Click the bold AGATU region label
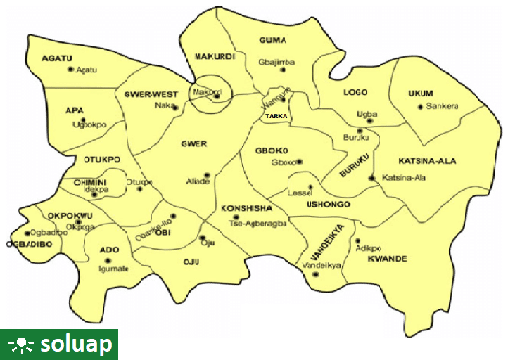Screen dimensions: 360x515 pos(58,58)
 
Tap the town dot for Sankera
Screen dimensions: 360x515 pos(421,107)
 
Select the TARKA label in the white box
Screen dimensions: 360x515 pos(276,116)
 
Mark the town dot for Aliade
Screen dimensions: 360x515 pos(207,175)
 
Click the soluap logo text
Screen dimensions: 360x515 pos(75,344)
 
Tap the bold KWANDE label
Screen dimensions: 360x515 pos(387,259)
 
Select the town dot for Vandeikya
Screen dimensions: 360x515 pos(315,274)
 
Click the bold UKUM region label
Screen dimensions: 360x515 pos(421,94)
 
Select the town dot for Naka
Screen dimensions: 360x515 pos(175,108)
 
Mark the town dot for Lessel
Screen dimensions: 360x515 pos(310,186)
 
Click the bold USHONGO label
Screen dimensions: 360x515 pos(328,205)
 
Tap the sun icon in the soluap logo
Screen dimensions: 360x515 pos(21,344)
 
